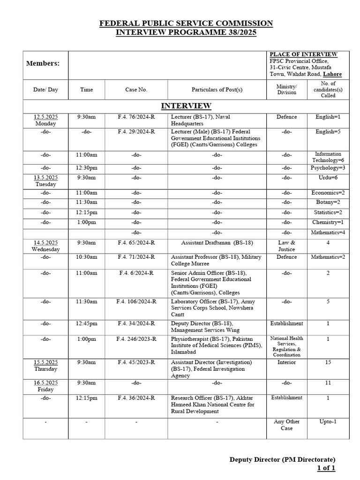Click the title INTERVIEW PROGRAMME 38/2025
pyautogui.click(x=186, y=33)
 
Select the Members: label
pyautogui.click(x=43, y=63)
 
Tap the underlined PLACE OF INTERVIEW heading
pyautogui.click(x=303, y=54)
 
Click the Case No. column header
pyautogui.click(x=136, y=90)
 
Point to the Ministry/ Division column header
pyautogui.click(x=286, y=90)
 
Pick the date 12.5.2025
pyautogui.click(x=45, y=117)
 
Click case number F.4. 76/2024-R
pyautogui.click(x=136, y=117)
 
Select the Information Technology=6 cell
pyautogui.click(x=328, y=157)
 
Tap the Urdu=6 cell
pyautogui.click(x=328, y=178)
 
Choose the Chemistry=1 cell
pyautogui.click(x=328, y=222)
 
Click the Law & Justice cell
pyautogui.click(x=286, y=246)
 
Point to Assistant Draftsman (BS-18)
pyautogui.click(x=217, y=243)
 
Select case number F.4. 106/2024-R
pyautogui.click(x=136, y=301)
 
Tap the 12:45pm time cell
pyautogui.click(x=86, y=323)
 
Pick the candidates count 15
pyautogui.click(x=328, y=362)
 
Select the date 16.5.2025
pyautogui.click(x=45, y=383)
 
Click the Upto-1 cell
pyautogui.click(x=328, y=421)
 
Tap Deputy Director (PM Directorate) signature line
pyautogui.click(x=282, y=459)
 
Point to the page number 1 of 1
pyautogui.click(x=326, y=468)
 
